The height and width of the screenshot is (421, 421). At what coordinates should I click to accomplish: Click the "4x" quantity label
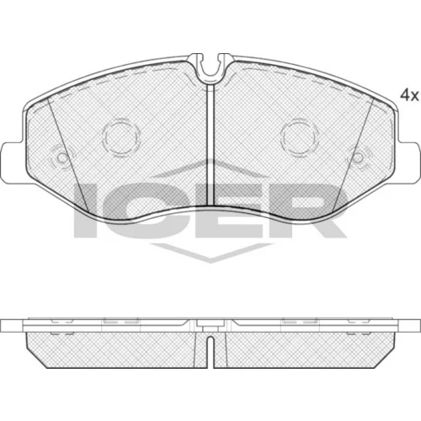[409, 95]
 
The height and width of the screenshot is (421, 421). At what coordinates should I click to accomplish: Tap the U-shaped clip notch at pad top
[210, 70]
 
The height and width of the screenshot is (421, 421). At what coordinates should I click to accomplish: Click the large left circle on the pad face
[121, 137]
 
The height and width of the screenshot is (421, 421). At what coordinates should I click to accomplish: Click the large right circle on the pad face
[300, 137]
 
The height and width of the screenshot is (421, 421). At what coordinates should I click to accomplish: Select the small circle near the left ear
[61, 158]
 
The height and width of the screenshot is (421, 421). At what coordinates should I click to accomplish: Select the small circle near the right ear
[358, 158]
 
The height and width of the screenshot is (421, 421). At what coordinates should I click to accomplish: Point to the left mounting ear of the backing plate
[13, 163]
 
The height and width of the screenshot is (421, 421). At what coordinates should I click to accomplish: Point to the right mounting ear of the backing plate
[408, 163]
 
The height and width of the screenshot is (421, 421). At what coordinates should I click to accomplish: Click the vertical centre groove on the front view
[210, 145]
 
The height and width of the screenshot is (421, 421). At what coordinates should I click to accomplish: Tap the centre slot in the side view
[210, 352]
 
